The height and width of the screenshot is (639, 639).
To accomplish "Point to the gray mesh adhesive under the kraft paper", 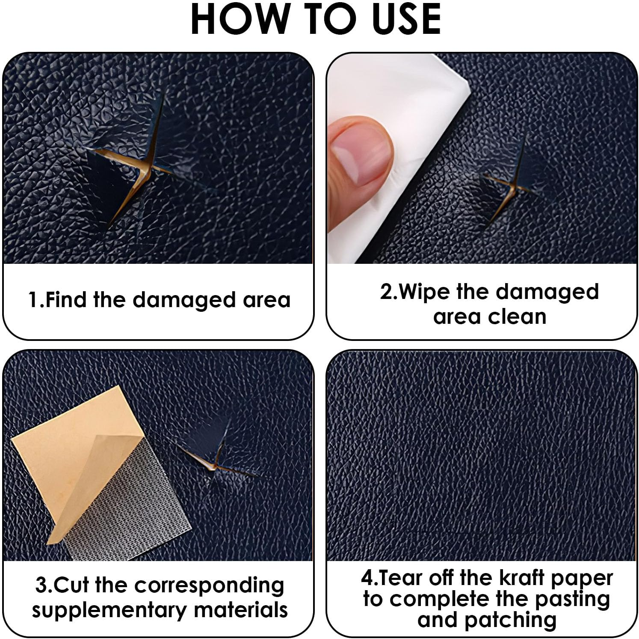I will (x=141, y=505).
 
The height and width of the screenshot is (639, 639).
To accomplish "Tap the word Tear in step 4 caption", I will (x=400, y=578).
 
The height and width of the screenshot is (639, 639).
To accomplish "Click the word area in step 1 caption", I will (x=266, y=299).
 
